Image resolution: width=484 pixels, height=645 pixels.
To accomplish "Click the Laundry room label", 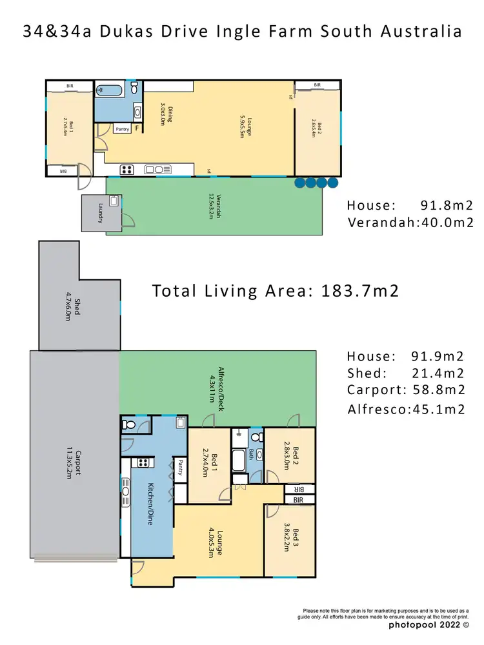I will pos(101,213).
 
